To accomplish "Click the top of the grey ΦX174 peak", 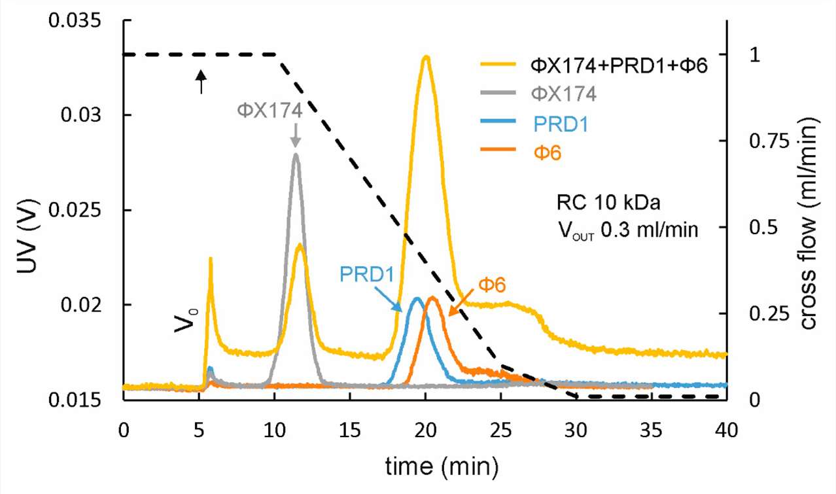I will tap(296, 154).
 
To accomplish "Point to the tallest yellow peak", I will tap(427, 57).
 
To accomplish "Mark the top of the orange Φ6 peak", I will tap(432, 298).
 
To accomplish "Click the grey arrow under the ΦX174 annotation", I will tap(295, 136).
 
